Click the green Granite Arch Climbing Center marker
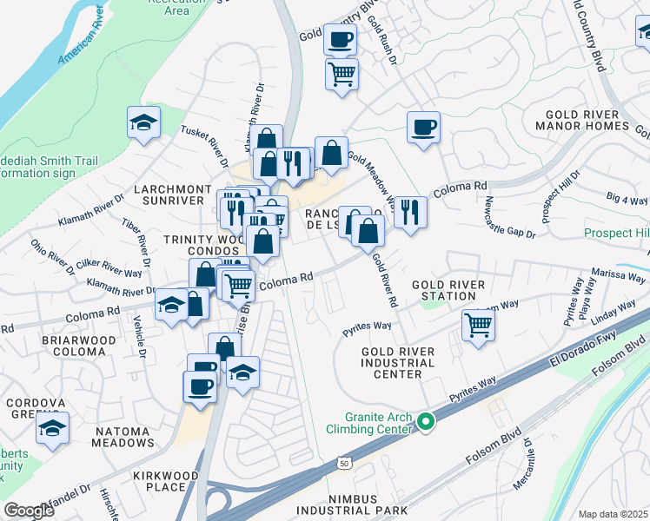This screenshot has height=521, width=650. coord(425,423)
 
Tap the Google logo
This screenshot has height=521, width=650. coord(29,511)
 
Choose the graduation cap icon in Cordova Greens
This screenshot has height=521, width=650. coord(53,428)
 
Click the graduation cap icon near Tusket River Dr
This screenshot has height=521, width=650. coord(143,123)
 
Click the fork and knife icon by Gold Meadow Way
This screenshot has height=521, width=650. coord(410,211)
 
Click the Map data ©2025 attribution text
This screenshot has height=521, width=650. coord(612,514)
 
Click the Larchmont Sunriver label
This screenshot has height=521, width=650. coord(172,195)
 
